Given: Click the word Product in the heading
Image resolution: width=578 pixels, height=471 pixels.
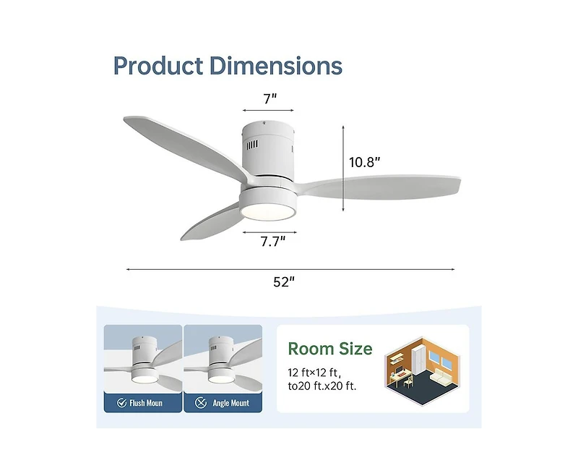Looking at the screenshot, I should pyautogui.click(x=158, y=66).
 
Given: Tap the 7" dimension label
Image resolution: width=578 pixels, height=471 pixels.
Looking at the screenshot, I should pyautogui.click(x=269, y=98).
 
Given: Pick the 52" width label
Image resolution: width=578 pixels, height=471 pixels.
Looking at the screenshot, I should pyautogui.click(x=285, y=282).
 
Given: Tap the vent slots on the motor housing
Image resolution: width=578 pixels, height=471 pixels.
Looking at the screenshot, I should pyautogui.click(x=251, y=145).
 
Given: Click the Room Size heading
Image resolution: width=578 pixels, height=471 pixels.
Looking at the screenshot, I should pyautogui.click(x=330, y=349).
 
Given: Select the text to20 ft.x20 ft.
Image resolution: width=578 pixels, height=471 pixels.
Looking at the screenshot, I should pyautogui.click(x=322, y=386).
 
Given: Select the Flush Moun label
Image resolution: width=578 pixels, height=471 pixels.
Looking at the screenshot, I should pyautogui.click(x=146, y=404).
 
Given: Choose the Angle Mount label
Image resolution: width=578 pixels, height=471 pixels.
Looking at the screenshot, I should pyautogui.click(x=231, y=404).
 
